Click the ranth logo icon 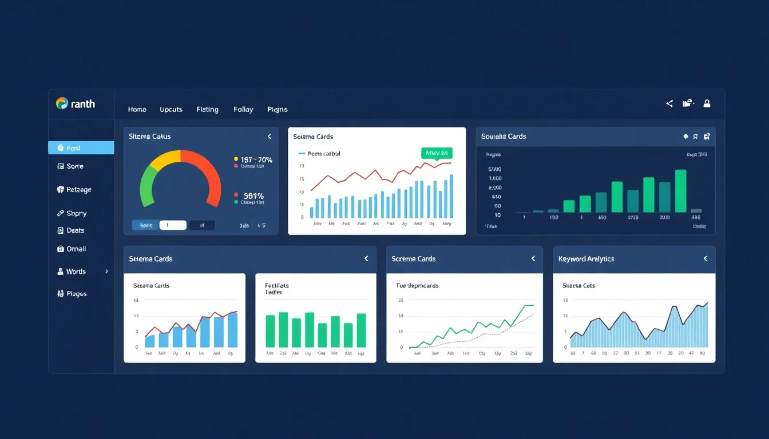click(x=62, y=103)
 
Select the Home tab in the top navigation click(x=137, y=109)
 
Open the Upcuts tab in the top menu click(x=171, y=109)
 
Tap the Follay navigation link click(x=243, y=109)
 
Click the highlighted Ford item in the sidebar click(x=81, y=148)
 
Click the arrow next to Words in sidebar click(x=106, y=272)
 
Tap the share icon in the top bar click(x=669, y=103)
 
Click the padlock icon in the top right click(x=707, y=103)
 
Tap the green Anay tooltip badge click(x=437, y=153)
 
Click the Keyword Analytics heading click(x=586, y=259)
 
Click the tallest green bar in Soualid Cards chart click(x=680, y=190)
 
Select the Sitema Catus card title click(x=150, y=137)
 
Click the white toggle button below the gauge click(x=173, y=225)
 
